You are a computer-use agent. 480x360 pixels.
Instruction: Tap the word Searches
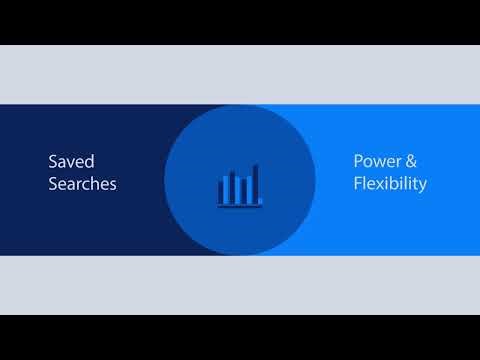click(81, 184)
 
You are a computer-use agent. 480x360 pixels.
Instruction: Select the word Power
click(374, 160)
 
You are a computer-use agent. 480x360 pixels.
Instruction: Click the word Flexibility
click(390, 184)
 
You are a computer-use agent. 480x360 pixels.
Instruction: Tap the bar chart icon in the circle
click(239, 186)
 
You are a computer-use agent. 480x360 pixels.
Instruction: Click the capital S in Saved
click(53, 160)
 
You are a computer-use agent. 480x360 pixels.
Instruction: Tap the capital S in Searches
click(53, 184)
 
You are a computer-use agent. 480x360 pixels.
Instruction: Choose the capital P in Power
click(357, 160)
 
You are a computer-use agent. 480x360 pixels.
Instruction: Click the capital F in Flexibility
click(357, 184)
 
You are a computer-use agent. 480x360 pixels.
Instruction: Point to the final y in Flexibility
click(423, 186)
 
